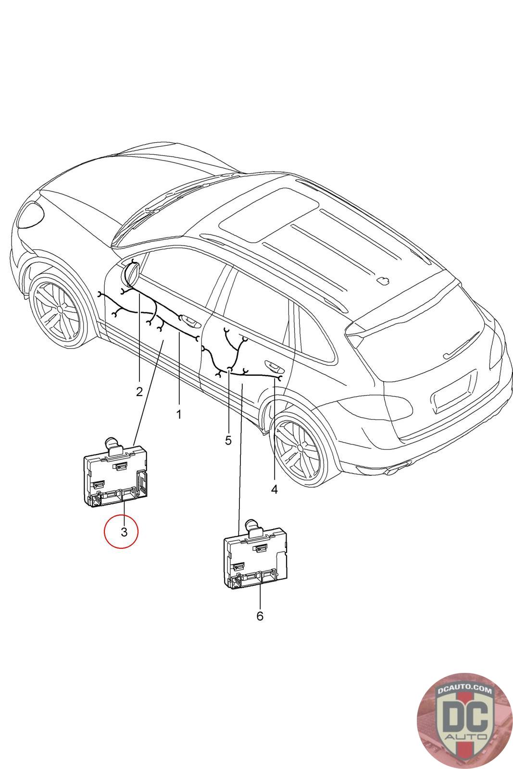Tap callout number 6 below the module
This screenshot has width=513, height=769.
coord(260,616)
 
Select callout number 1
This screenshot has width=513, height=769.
coord(179,414)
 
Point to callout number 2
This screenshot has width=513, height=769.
coord(139,392)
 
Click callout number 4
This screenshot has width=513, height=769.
coord(274,489)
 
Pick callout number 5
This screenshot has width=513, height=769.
coord(228,440)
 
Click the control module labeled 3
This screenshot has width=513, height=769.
coord(115,476)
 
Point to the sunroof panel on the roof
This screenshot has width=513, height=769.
coord(270,211)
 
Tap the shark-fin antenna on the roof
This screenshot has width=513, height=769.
coord(384,280)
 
